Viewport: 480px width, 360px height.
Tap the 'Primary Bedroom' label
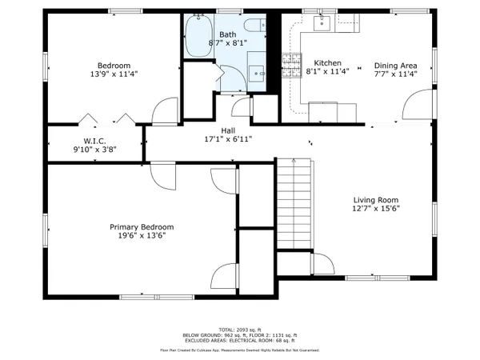[x=142, y=227]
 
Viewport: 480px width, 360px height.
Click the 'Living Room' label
[x=377, y=200]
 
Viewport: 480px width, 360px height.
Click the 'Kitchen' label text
[x=327, y=64]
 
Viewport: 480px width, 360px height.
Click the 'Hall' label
[x=228, y=130]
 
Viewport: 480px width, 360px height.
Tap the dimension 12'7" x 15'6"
[x=377, y=209]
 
